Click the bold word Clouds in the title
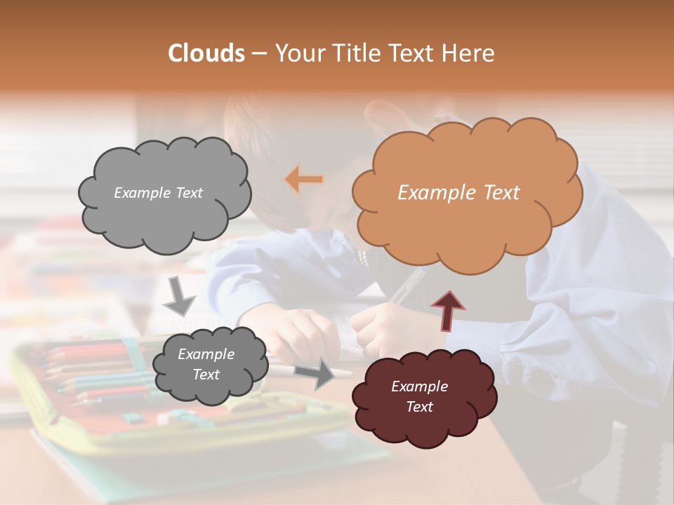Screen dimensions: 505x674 point(206,53)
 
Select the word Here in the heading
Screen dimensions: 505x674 point(470,53)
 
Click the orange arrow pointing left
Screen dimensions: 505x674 point(304,180)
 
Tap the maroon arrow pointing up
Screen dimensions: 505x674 point(447,309)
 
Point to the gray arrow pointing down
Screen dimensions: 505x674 point(179,296)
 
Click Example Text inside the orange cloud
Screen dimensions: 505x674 point(458,193)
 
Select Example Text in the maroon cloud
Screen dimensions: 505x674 point(419,396)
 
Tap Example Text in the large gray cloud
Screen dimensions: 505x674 point(158,193)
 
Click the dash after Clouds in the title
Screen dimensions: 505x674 point(258,53)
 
